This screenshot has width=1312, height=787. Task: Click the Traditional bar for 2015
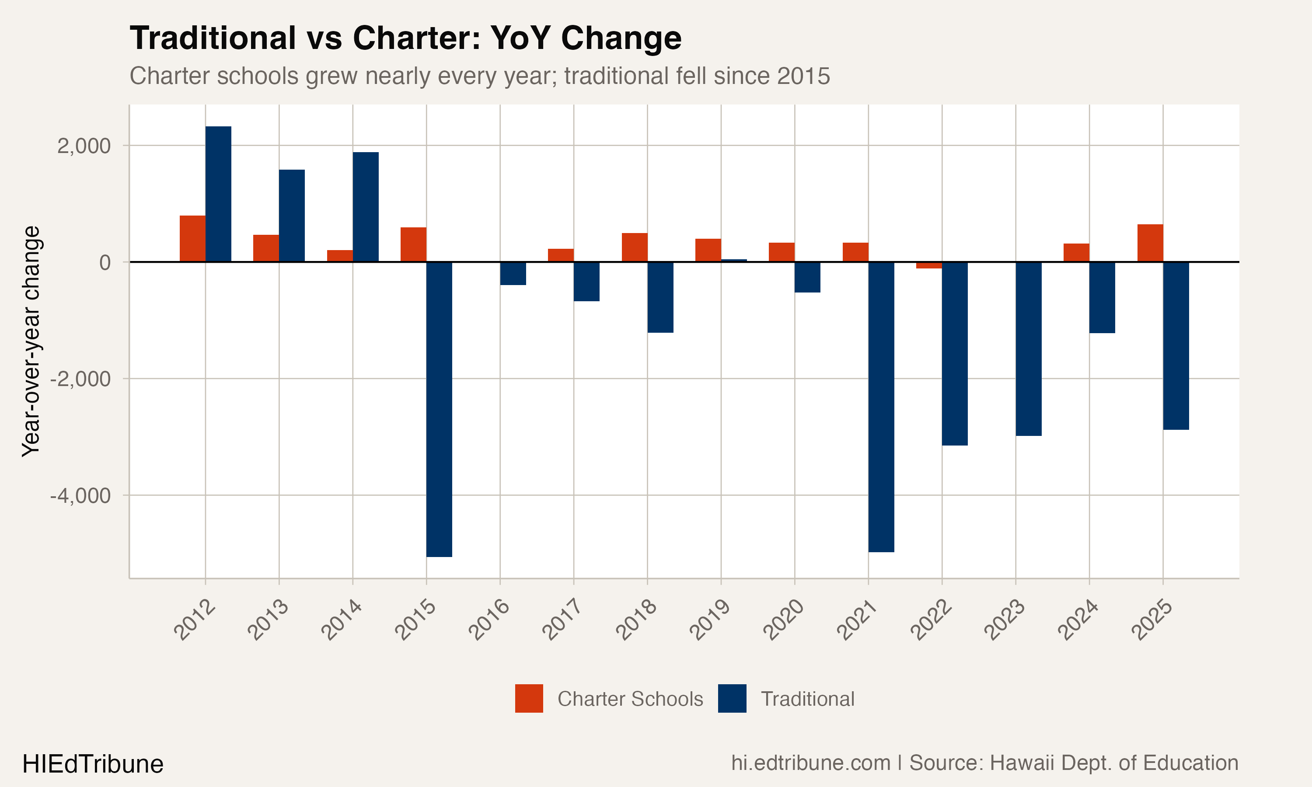pyautogui.click(x=439, y=409)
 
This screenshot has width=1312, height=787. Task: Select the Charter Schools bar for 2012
pyautogui.click(x=192, y=239)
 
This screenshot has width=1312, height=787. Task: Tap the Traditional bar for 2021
pyautogui.click(x=881, y=407)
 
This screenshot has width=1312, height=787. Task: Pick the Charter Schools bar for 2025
pyautogui.click(x=1150, y=243)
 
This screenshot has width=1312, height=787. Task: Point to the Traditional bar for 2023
pyautogui.click(x=1028, y=348)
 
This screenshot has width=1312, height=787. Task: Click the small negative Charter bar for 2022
pyautogui.click(x=928, y=265)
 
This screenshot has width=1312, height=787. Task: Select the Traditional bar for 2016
pyautogui.click(x=513, y=273)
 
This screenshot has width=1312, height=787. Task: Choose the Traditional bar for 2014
pyautogui.click(x=365, y=207)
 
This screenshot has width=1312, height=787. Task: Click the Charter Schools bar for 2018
pyautogui.click(x=634, y=247)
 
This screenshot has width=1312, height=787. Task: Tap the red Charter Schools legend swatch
pyautogui.click(x=529, y=698)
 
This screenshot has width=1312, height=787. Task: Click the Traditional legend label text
pyautogui.click(x=807, y=699)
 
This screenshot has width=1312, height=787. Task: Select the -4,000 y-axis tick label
pyautogui.click(x=80, y=496)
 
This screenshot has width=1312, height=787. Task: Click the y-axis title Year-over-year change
pyautogui.click(x=31, y=341)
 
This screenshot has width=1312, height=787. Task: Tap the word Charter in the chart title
pyautogui.click(x=416, y=38)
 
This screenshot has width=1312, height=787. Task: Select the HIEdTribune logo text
pyautogui.click(x=93, y=764)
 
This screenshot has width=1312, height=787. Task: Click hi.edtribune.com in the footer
pyautogui.click(x=810, y=763)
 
